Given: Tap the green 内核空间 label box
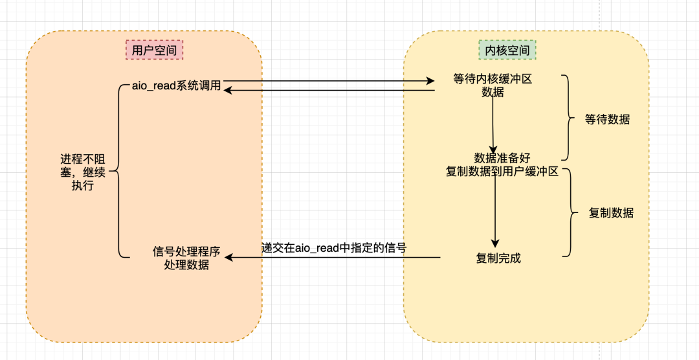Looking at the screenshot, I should point(507,50).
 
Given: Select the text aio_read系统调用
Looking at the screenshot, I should point(176,85).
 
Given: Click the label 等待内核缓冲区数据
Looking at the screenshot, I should point(493,85).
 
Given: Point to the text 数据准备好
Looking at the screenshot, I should point(502,158).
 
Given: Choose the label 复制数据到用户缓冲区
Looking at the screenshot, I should point(502,172).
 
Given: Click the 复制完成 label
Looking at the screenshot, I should point(498,258).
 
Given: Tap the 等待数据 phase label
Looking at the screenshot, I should point(607,119).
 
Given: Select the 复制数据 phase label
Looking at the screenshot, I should point(611,213).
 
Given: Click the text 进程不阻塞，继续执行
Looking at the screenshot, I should point(83,172).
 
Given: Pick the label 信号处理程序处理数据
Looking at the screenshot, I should point(186,258).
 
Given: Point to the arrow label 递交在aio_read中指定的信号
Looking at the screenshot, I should point(333,247).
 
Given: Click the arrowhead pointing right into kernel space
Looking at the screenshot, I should point(430,81).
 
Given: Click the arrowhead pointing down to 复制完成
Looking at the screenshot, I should point(495,242).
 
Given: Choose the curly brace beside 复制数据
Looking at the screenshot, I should point(570,212).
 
